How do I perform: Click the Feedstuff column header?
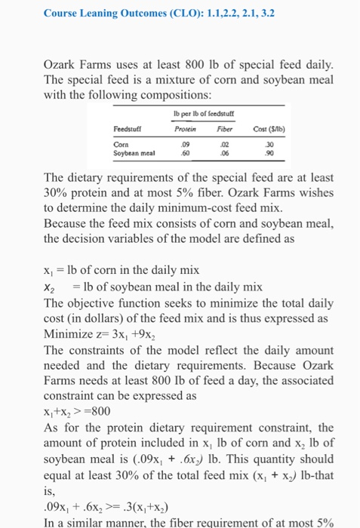pyautogui.click(x=127, y=128)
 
